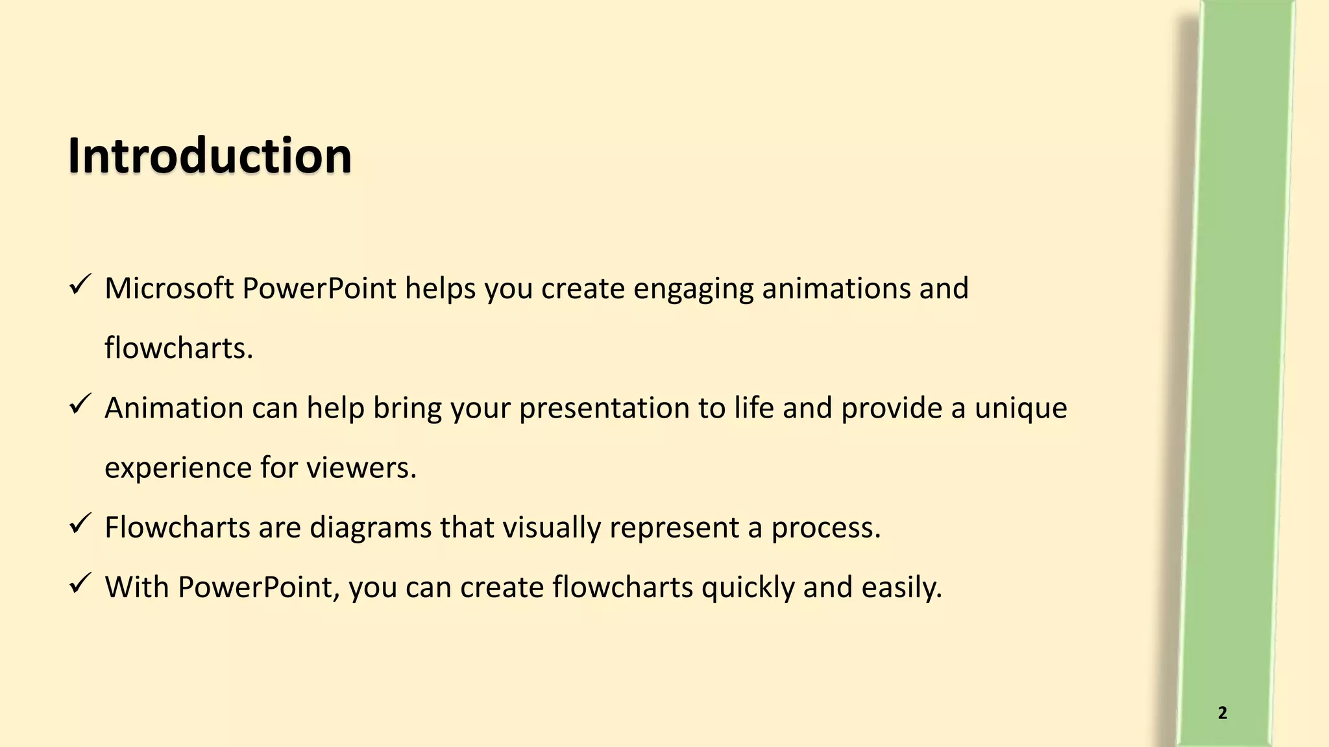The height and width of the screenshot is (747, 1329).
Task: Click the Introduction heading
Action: [x=210, y=156]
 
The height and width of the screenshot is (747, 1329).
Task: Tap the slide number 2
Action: [x=1223, y=713]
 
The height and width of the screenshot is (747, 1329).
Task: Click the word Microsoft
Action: [x=169, y=289]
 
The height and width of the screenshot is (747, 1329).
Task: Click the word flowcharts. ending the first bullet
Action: [x=178, y=348]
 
